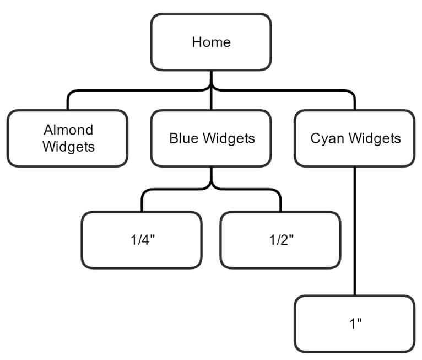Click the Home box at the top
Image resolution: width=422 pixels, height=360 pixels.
coord(211,42)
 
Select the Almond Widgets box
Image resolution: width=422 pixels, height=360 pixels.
coord(68,138)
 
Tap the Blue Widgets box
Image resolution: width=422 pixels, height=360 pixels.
coord(211,138)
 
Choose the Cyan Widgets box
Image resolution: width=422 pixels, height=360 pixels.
coord(355,138)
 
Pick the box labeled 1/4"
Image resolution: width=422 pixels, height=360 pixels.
coord(142,240)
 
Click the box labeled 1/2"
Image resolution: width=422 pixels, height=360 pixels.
coord(280,240)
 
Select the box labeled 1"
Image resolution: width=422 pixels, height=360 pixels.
coord(355,324)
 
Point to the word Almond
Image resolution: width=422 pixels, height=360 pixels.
coord(68,130)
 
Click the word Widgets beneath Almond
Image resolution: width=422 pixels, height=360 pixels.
coord(68,147)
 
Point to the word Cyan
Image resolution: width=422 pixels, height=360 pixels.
coord(324,138)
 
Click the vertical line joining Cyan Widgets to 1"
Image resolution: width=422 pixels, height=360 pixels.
coord(355,232)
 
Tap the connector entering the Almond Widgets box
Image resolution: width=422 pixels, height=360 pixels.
coord(68,101)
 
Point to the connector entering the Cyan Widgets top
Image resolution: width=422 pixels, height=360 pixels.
coord(355,101)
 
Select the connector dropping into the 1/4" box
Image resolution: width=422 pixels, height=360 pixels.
coord(142,203)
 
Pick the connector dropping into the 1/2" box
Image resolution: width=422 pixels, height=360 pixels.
coord(280,203)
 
